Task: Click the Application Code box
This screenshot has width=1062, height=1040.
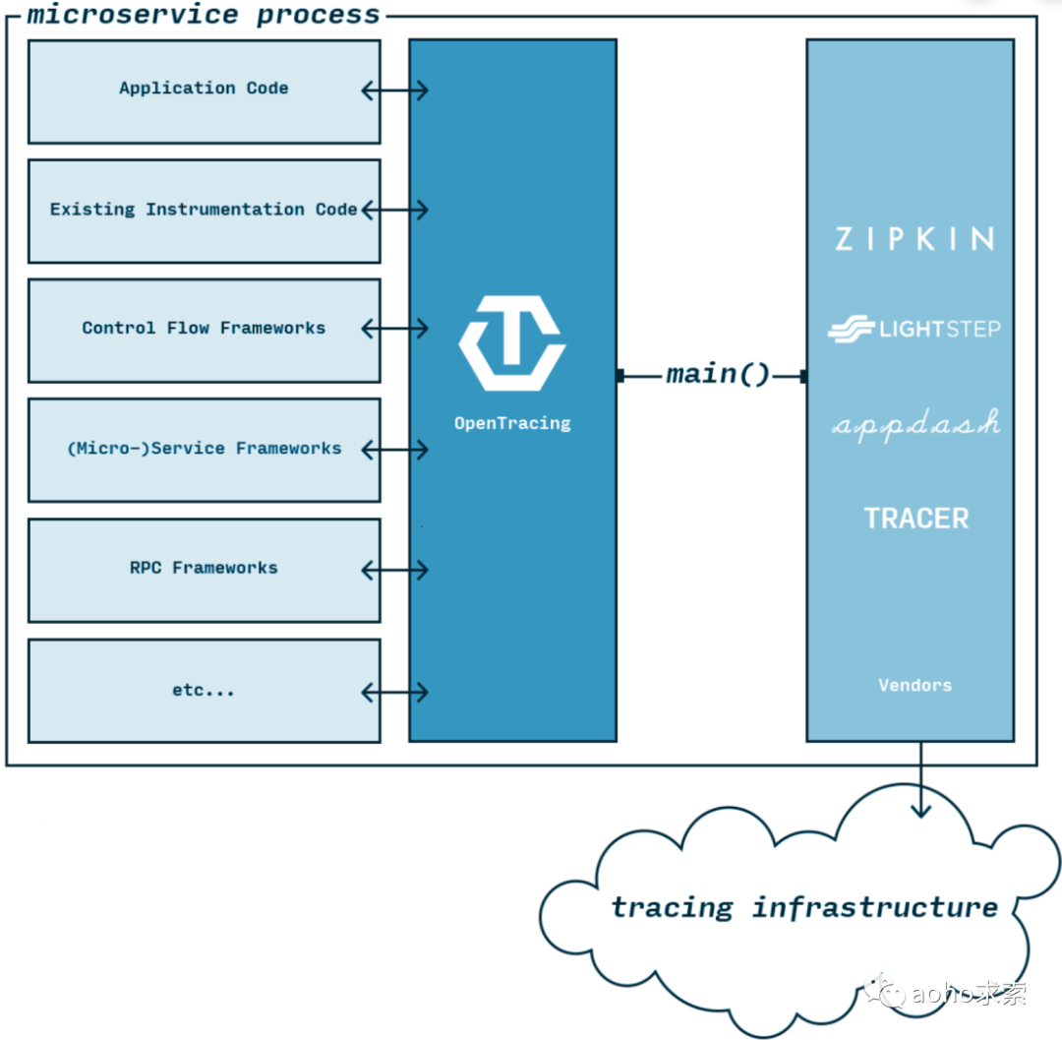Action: [204, 91]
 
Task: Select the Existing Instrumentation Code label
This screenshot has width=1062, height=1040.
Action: [204, 210]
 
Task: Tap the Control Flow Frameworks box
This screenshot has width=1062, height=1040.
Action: [204, 329]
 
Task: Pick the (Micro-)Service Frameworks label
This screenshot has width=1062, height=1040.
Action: [204, 449]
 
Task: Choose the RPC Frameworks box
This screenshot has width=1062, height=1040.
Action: [204, 569]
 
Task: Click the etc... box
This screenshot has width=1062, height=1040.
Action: [204, 691]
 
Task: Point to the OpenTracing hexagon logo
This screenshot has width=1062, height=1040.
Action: [511, 342]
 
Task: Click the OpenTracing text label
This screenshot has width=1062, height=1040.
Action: [512, 423]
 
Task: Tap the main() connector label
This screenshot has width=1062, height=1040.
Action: [718, 375]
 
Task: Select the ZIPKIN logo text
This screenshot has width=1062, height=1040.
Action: [914, 239]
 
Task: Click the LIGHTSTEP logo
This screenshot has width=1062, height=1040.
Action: [914, 330]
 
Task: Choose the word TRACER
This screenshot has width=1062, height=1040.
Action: [916, 519]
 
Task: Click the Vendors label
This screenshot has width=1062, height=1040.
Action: [914, 685]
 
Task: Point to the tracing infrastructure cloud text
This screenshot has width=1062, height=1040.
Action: [804, 907]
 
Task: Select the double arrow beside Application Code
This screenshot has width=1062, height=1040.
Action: [394, 91]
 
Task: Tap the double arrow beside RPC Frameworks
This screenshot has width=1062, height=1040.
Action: [394, 570]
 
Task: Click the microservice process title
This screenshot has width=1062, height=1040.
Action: [203, 15]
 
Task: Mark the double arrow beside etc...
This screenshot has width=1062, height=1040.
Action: [394, 692]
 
